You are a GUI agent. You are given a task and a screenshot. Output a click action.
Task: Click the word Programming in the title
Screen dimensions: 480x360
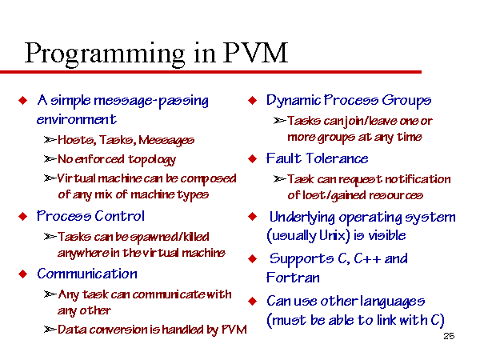105,54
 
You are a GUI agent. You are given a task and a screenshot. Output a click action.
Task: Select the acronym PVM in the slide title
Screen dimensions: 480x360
256,52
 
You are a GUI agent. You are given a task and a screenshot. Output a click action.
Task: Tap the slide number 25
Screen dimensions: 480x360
449,336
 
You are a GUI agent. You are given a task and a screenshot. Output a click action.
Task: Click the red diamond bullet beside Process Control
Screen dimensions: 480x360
23,217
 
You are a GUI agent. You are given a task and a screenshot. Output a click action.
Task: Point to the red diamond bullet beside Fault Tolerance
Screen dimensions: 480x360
253,158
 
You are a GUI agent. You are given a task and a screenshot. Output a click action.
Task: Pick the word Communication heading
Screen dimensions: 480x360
87,274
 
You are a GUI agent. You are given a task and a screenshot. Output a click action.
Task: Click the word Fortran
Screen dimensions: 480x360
293,278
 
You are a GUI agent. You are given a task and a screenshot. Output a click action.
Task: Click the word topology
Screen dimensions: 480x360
152,160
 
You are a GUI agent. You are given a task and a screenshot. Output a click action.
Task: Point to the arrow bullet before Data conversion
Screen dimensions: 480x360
50,330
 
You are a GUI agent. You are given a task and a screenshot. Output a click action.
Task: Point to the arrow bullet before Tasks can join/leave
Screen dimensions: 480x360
280,121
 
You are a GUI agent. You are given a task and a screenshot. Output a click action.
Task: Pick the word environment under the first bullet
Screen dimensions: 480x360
76,119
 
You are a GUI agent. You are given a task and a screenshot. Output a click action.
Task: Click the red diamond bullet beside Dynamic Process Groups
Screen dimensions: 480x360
253,101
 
